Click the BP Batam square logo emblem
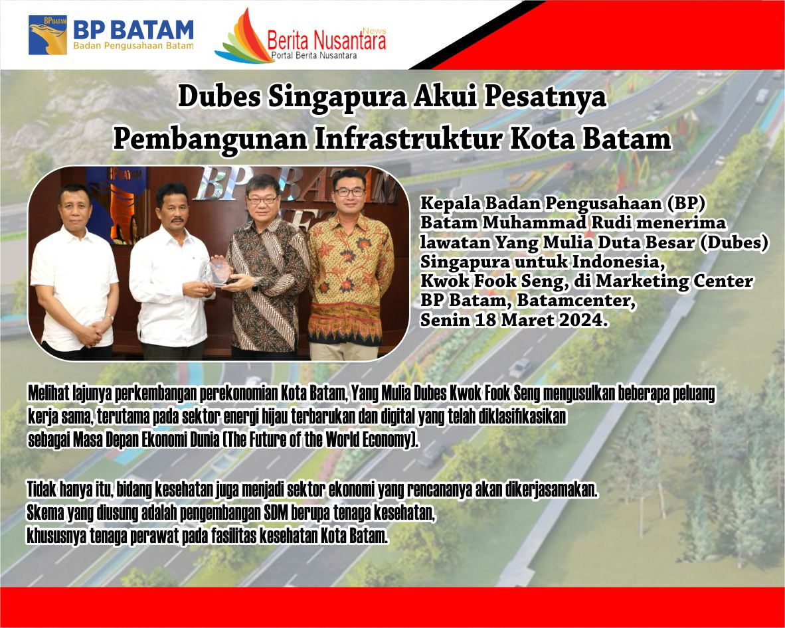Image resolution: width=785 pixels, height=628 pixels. [x=48, y=35]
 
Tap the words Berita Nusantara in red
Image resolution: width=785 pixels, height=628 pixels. [x=326, y=40]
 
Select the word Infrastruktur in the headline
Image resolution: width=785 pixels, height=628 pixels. [x=408, y=139]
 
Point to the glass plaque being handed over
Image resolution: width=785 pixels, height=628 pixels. [x=218, y=272]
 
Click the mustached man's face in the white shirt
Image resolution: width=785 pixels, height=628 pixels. [x=172, y=208]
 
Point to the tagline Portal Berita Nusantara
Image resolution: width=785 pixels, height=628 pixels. [x=314, y=55]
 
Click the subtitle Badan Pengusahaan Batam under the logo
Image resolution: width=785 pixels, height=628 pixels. [x=133, y=46]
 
